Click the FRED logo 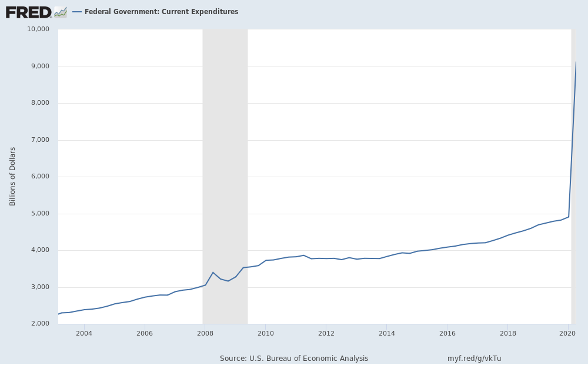28,12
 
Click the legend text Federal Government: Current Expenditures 161,12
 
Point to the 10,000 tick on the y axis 38,29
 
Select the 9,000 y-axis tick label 40,67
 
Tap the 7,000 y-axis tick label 40,140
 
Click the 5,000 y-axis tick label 40,214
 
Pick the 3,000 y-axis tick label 40,287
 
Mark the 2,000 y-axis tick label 40,324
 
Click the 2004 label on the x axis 84,334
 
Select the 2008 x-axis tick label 205,334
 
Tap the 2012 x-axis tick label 326,334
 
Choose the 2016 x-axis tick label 447,334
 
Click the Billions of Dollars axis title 12,176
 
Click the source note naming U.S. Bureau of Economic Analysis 294,358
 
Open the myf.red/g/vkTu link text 474,358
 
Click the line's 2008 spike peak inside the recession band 213,272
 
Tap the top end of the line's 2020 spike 576,62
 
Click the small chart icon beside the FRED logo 61,12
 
